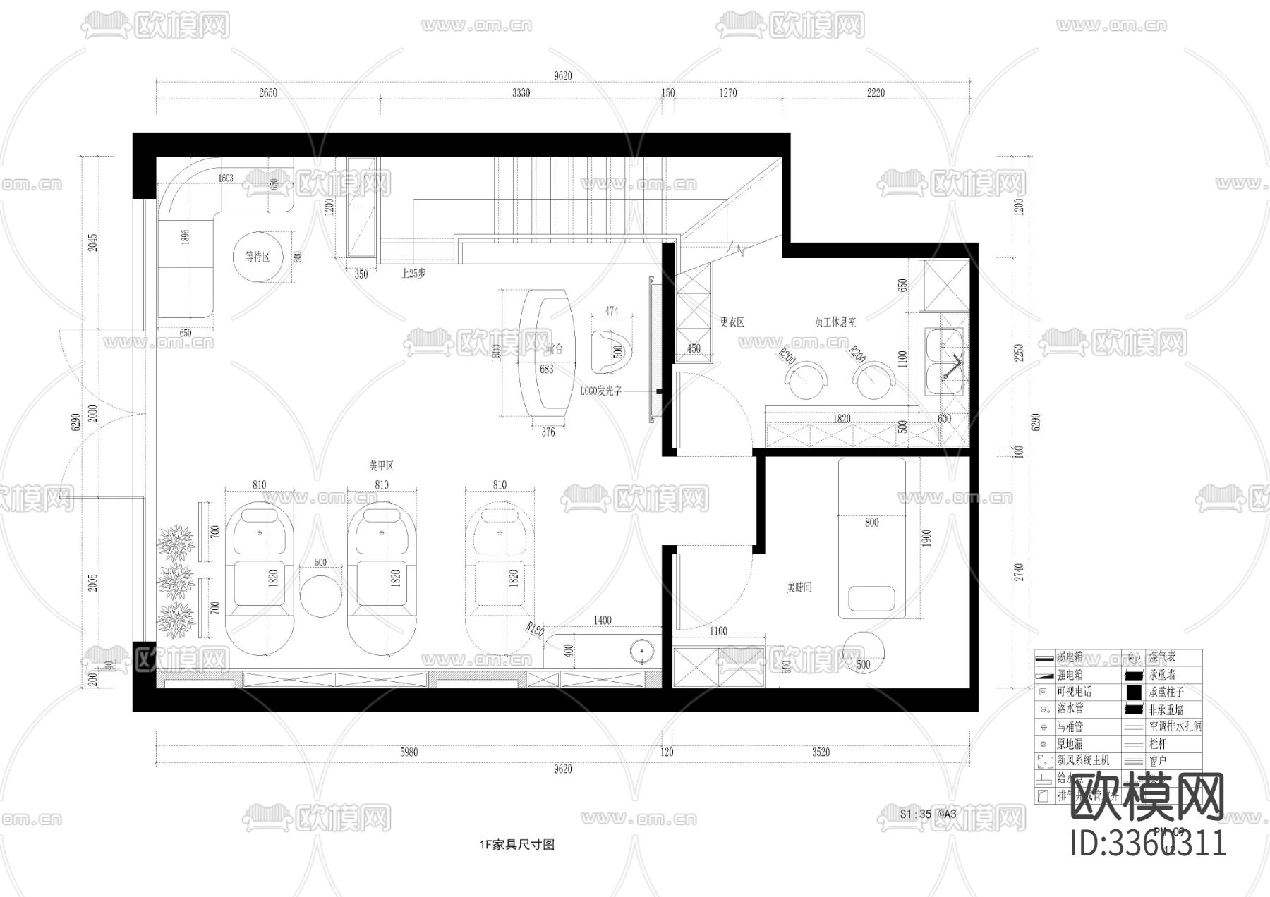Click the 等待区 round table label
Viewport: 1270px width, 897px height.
pyautogui.click(x=258, y=257)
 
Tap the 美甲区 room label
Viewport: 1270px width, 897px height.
pyautogui.click(x=381, y=466)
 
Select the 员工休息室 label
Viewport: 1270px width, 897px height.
pyautogui.click(x=835, y=322)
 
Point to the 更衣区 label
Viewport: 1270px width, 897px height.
pyautogui.click(x=732, y=322)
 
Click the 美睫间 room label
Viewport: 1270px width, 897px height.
pyautogui.click(x=799, y=587)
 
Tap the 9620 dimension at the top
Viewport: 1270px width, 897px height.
pyautogui.click(x=562, y=76)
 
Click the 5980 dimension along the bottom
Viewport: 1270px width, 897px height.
pyautogui.click(x=409, y=752)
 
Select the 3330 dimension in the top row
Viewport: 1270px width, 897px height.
pyautogui.click(x=521, y=93)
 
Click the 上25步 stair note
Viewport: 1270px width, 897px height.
pyautogui.click(x=413, y=274)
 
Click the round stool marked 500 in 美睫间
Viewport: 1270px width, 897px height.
pyautogui.click(x=863, y=653)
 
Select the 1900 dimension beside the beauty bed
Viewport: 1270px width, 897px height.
pyautogui.click(x=926, y=538)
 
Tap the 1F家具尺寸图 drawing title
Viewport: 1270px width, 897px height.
pyautogui.click(x=516, y=844)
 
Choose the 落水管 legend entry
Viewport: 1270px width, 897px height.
pyautogui.click(x=1070, y=709)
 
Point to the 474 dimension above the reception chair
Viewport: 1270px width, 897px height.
pyautogui.click(x=612, y=311)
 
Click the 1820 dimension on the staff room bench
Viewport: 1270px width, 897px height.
pyautogui.click(x=842, y=418)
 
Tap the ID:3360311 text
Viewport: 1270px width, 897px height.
pyautogui.click(x=1149, y=843)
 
